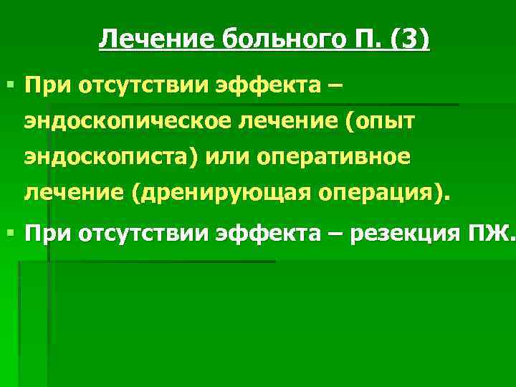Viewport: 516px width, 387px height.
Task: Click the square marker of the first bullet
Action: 8,87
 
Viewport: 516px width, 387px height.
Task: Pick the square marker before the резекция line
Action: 8,232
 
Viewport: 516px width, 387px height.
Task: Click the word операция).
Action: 381,191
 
